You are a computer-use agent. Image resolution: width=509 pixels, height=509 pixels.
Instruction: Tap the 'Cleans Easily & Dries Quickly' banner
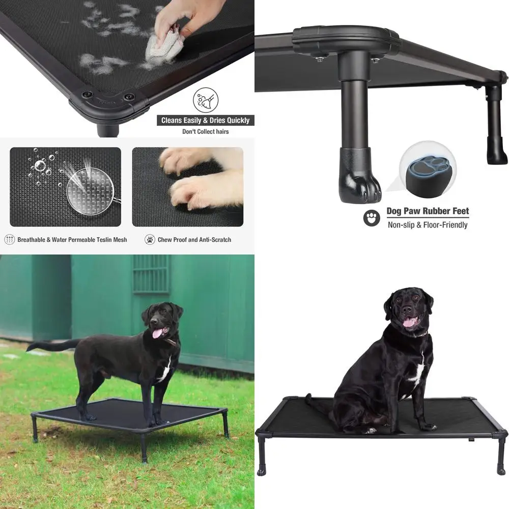coord(205,120)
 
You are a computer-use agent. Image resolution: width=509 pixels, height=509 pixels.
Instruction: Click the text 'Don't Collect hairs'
coord(205,132)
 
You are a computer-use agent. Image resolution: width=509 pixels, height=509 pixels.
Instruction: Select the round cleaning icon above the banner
coord(205,100)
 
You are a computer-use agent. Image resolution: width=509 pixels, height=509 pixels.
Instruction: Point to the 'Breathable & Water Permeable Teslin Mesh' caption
coord(72,240)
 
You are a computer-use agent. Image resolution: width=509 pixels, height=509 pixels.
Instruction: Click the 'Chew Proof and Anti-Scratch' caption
coord(194,240)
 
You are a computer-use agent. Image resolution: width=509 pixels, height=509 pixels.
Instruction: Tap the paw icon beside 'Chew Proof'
coord(150,240)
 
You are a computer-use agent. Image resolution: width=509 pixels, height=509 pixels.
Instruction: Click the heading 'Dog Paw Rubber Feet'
coord(428,211)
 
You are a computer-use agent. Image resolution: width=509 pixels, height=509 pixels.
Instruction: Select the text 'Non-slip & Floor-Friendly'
coord(428,225)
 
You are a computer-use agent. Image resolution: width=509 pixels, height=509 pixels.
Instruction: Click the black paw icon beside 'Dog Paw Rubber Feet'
coord(372,218)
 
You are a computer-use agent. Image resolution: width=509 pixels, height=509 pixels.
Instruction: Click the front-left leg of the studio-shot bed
coord(261,455)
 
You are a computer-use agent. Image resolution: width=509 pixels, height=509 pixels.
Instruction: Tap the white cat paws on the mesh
coord(201,178)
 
